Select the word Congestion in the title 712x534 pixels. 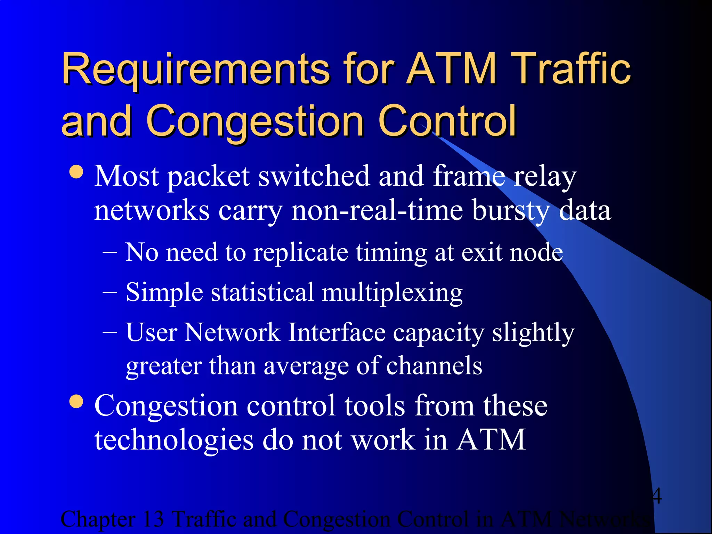click(255, 121)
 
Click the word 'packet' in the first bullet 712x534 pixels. click(208, 177)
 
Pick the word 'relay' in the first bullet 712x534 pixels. click(545, 177)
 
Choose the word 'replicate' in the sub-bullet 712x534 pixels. click(301, 253)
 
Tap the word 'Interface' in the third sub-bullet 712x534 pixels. click(337, 333)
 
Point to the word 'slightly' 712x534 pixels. click(533, 333)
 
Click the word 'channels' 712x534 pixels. click(434, 366)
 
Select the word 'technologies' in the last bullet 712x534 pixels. click(174, 440)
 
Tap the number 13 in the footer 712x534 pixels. click(153, 519)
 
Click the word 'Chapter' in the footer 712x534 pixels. click(98, 519)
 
